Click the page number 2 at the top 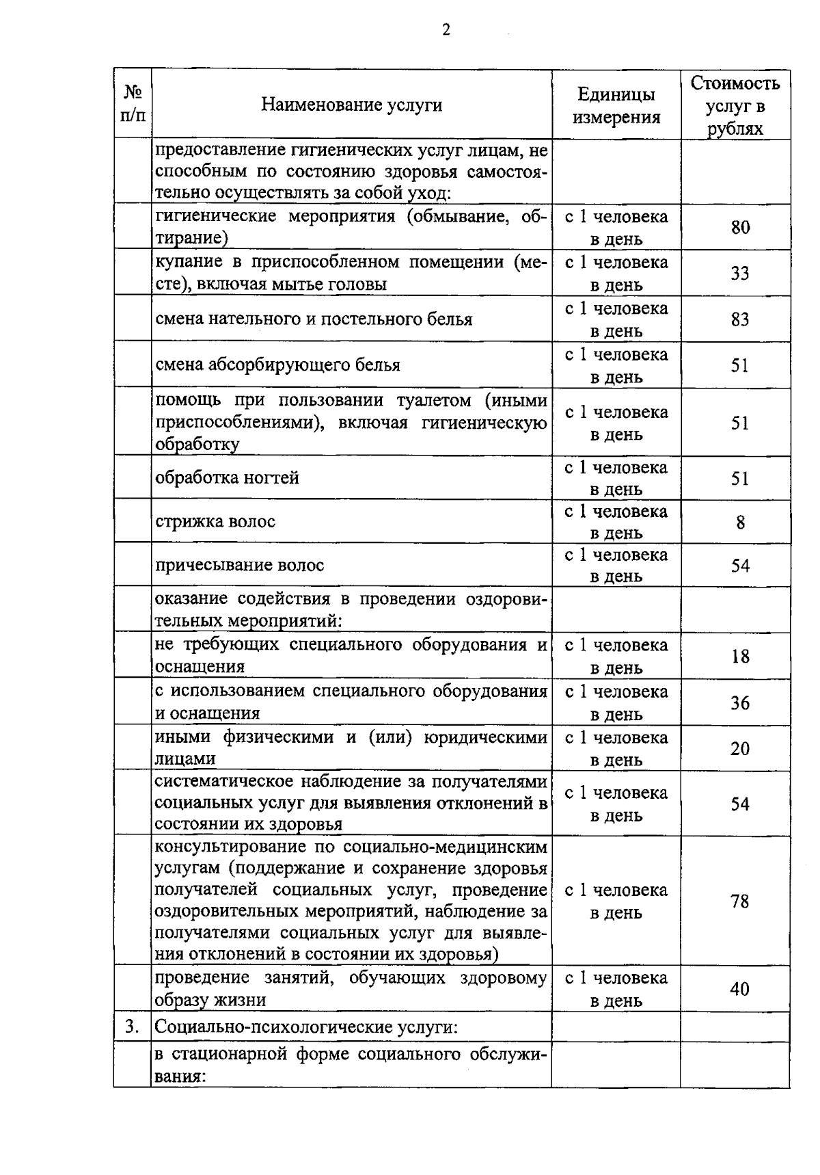[x=446, y=30]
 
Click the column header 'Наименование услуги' [x=352, y=105]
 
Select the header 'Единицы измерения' [x=616, y=105]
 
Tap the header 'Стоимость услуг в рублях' [x=735, y=105]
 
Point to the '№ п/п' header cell [x=133, y=103]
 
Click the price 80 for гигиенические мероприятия [x=740, y=227]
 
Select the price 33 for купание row [x=740, y=273]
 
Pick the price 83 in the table [x=740, y=319]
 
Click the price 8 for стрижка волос [x=740, y=523]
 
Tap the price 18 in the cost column [x=740, y=657]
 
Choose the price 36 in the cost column [x=740, y=702]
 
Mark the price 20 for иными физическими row [x=740, y=748]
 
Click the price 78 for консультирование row [x=740, y=901]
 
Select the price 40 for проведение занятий [x=740, y=989]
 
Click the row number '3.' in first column [x=133, y=1027]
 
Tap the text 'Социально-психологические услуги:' [x=306, y=1027]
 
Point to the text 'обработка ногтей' [x=228, y=477]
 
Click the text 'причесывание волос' [x=240, y=565]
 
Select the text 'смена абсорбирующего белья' [x=277, y=365]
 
